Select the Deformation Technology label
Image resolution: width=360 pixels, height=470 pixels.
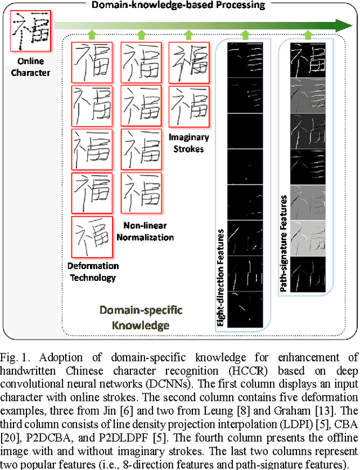pos(93,271)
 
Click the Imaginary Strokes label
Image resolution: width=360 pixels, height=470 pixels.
pos(188,142)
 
